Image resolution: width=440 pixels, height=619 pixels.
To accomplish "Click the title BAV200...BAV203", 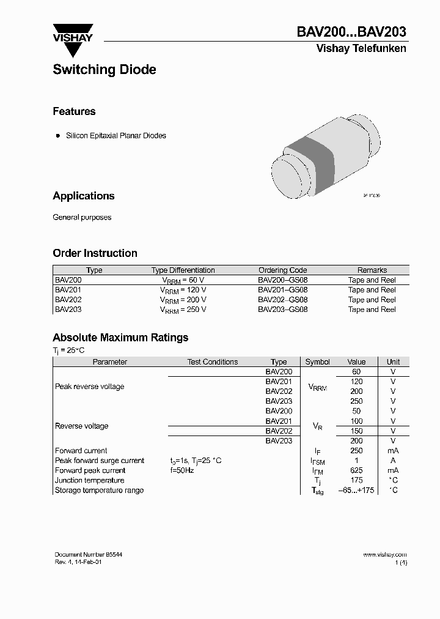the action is pyautogui.click(x=351, y=32).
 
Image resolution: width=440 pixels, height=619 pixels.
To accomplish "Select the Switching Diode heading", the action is pyautogui.click(x=105, y=70).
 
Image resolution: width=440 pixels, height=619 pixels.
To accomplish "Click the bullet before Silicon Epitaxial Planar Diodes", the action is pyautogui.click(x=58, y=135).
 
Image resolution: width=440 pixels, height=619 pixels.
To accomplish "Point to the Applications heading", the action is pyautogui.click(x=84, y=196).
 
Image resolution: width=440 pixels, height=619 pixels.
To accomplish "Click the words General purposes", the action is pyautogui.click(x=82, y=217).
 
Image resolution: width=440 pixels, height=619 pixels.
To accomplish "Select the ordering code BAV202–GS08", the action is pyautogui.click(x=282, y=300).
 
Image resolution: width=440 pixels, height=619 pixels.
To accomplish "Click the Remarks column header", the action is pyautogui.click(x=372, y=270).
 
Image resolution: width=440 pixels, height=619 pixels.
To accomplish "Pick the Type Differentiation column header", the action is pyautogui.click(x=183, y=270).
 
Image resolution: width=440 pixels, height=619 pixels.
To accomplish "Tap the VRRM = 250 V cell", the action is pyautogui.click(x=183, y=309).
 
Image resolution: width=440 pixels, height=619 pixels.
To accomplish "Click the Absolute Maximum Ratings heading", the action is pyautogui.click(x=120, y=337).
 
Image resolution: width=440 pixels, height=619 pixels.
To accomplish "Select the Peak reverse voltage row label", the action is pyautogui.click(x=89, y=387).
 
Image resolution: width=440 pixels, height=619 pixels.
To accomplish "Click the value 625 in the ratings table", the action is pyautogui.click(x=356, y=470).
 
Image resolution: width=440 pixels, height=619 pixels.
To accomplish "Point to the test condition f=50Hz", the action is pyautogui.click(x=182, y=470).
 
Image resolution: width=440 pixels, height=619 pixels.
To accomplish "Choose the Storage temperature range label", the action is pyautogui.click(x=99, y=490).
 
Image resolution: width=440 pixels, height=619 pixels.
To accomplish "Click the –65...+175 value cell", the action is pyautogui.click(x=356, y=490).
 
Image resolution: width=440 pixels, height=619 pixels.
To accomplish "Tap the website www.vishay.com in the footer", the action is pyautogui.click(x=384, y=554).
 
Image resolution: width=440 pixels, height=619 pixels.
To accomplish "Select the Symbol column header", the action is pyautogui.click(x=317, y=361).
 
